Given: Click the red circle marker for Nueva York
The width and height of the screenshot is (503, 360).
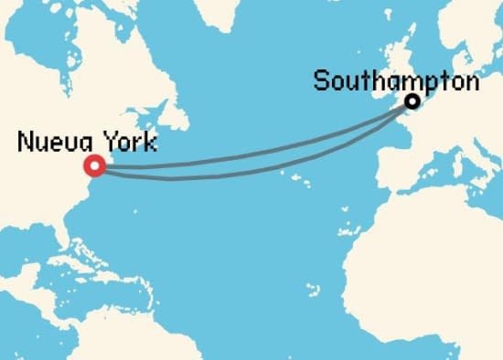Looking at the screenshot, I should [93, 165].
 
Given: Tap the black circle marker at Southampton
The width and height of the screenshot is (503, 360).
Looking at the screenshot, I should [412, 101].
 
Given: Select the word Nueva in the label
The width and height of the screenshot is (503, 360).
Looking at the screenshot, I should [48, 143].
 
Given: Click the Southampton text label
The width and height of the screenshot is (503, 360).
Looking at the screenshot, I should [396, 80].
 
